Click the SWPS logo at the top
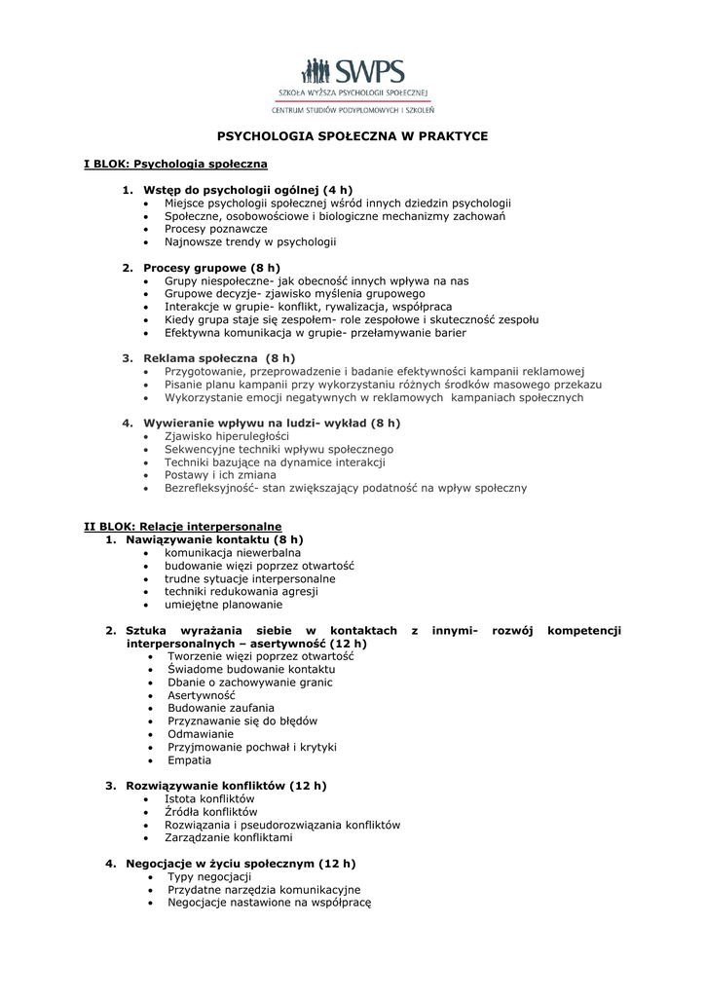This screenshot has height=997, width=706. pos(353,73)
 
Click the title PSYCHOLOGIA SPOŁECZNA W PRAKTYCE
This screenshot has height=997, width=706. pos(352,136)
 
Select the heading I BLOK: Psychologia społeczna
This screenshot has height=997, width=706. pos(175,164)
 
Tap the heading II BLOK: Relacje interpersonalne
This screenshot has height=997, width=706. pos(182,526)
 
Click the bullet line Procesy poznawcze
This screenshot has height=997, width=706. pos(215,229)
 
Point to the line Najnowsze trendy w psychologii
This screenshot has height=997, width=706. pos(249,241)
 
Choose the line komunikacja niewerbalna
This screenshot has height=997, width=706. pos(232,552)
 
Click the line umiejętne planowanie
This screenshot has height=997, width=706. pos(216,604)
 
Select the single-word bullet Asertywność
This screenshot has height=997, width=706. pos(202,696)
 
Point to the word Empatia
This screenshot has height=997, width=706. pos(189,760)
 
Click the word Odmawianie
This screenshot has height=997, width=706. pos(201,734)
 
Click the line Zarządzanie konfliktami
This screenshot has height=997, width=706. pos(228,837)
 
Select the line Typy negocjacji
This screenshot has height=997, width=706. pos(209,877)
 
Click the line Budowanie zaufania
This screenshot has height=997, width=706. pos(221,709)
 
